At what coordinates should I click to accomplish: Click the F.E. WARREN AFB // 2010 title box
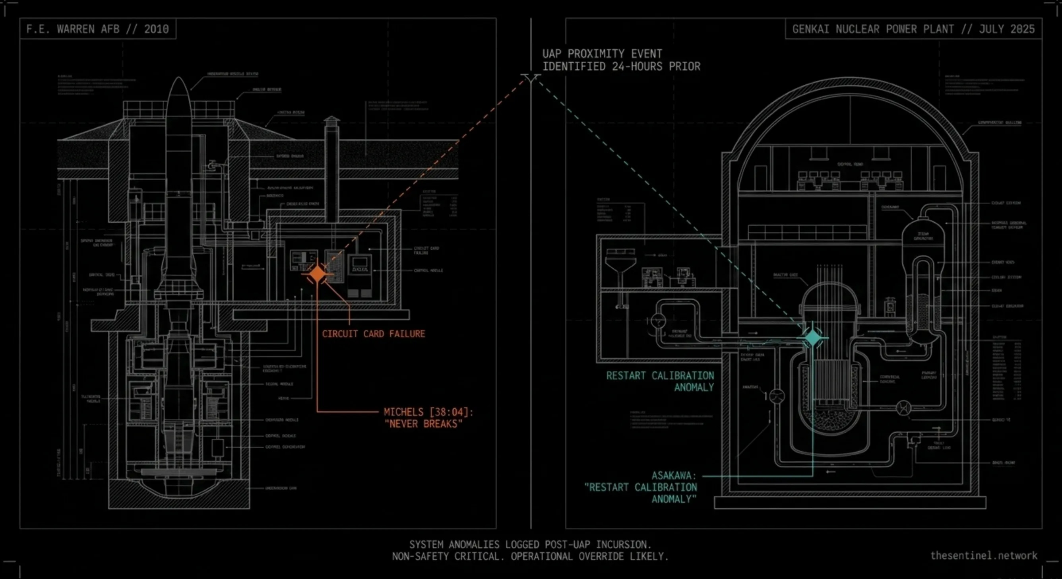point(98,29)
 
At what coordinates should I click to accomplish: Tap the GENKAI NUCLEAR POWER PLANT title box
point(913,29)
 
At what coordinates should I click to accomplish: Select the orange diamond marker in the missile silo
point(317,274)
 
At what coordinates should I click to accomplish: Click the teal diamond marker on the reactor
point(813,338)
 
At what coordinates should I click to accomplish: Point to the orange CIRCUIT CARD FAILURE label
point(373,334)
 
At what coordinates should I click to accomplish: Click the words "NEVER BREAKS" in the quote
point(423,424)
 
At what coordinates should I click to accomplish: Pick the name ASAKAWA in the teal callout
point(674,476)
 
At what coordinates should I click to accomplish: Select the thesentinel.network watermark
point(984,556)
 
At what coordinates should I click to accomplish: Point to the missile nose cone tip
point(179,79)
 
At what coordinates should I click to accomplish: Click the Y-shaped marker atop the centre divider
point(531,78)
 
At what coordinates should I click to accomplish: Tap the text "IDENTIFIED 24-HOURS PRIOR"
point(621,66)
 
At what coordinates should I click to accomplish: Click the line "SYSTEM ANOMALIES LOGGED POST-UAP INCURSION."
point(530,544)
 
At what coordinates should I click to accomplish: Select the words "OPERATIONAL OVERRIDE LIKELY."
point(589,556)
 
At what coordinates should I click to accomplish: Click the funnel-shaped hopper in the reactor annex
point(620,264)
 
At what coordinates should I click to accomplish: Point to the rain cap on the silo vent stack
point(331,120)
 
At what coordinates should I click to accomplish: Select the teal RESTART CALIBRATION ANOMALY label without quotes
point(660,381)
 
